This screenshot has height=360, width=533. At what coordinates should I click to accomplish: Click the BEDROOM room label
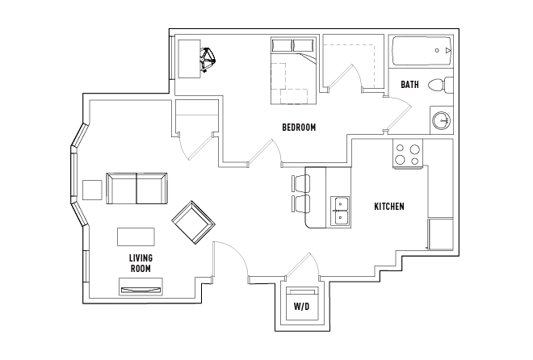tap(298, 128)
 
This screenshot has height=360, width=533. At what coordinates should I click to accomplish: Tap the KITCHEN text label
tap(388, 207)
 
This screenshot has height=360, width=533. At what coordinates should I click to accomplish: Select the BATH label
tap(409, 84)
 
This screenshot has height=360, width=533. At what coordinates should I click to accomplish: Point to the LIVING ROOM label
tap(141, 263)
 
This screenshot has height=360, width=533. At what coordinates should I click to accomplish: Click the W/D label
tap(301, 307)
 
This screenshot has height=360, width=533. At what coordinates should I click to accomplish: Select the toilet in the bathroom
tap(439, 84)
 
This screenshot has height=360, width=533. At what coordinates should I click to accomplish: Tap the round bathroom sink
tap(442, 120)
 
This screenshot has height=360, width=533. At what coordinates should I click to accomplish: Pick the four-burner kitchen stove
tap(409, 154)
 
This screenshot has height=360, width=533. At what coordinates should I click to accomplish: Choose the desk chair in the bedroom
tap(210, 59)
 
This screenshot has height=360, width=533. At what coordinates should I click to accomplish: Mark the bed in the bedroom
tap(292, 71)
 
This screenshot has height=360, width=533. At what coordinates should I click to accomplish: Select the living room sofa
tap(137, 190)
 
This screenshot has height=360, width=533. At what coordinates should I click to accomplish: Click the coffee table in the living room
tap(136, 237)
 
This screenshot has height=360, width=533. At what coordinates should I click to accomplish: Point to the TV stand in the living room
tap(141, 286)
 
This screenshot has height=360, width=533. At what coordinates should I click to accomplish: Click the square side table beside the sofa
tap(93, 189)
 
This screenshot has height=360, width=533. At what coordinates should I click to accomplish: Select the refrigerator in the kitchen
tap(441, 235)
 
